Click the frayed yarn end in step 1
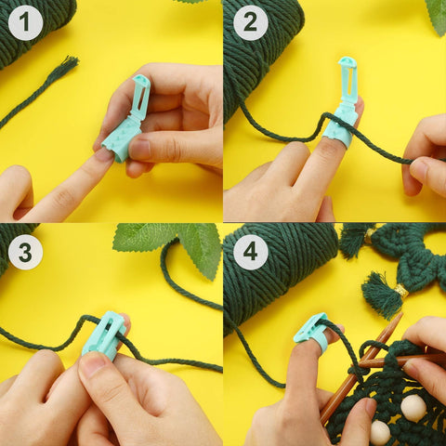[x=61, y=70]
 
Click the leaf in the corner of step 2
[x=436, y=14]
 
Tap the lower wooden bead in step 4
[x=380, y=432]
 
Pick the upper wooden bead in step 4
[x=413, y=407]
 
